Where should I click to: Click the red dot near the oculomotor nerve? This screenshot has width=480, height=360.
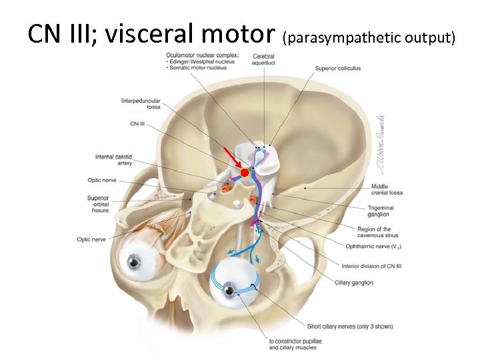245,173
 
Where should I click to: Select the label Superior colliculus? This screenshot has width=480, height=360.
338,68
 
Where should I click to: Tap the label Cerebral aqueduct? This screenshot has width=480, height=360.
264,59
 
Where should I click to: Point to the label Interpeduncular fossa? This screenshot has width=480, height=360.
141,104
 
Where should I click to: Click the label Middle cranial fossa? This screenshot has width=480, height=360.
387,189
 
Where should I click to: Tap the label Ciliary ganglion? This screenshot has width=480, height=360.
353,283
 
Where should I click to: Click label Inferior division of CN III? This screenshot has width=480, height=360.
372,266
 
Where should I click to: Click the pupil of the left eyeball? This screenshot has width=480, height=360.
135,263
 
